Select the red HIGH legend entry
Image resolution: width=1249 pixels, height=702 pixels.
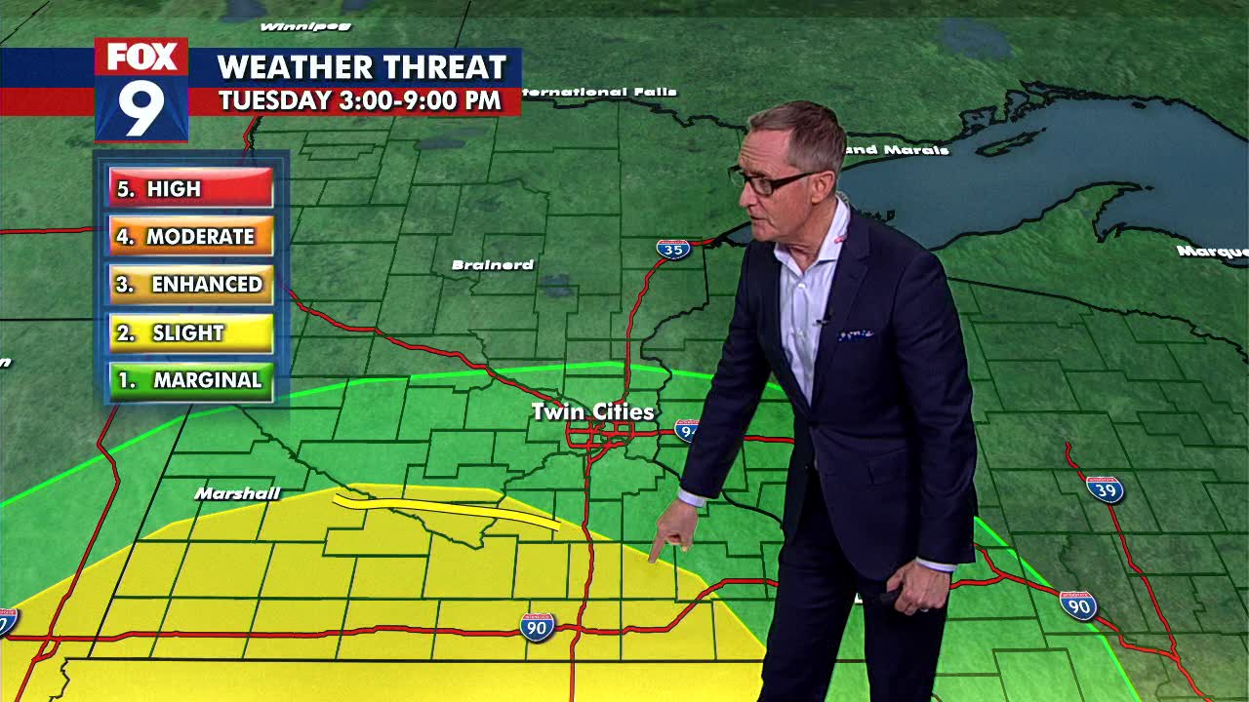coord(190,188)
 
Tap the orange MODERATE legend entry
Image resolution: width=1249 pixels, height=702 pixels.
coord(190,236)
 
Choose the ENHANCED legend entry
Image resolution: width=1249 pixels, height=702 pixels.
coord(190,284)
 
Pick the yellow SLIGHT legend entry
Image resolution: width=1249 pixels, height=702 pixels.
coord(190,332)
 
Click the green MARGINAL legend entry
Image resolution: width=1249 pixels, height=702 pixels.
coord(190,380)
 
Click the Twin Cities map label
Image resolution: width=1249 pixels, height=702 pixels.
coord(592,412)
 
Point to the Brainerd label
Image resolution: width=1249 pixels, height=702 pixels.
coord(493,265)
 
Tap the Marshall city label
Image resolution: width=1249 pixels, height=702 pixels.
coord(237,493)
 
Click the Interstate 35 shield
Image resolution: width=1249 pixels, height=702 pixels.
coord(672,249)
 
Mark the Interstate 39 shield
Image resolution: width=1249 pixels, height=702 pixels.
coord(1105,488)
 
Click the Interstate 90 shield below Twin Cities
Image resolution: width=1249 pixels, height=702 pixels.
coord(537,626)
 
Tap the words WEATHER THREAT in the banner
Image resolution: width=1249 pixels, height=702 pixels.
coord(361,67)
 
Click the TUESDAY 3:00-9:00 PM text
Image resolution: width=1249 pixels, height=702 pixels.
coord(359,100)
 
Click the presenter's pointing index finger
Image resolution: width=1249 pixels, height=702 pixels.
coord(655,554)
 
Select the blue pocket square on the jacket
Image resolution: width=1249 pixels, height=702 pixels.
coord(856,334)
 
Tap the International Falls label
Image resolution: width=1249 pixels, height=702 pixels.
coord(599,93)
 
